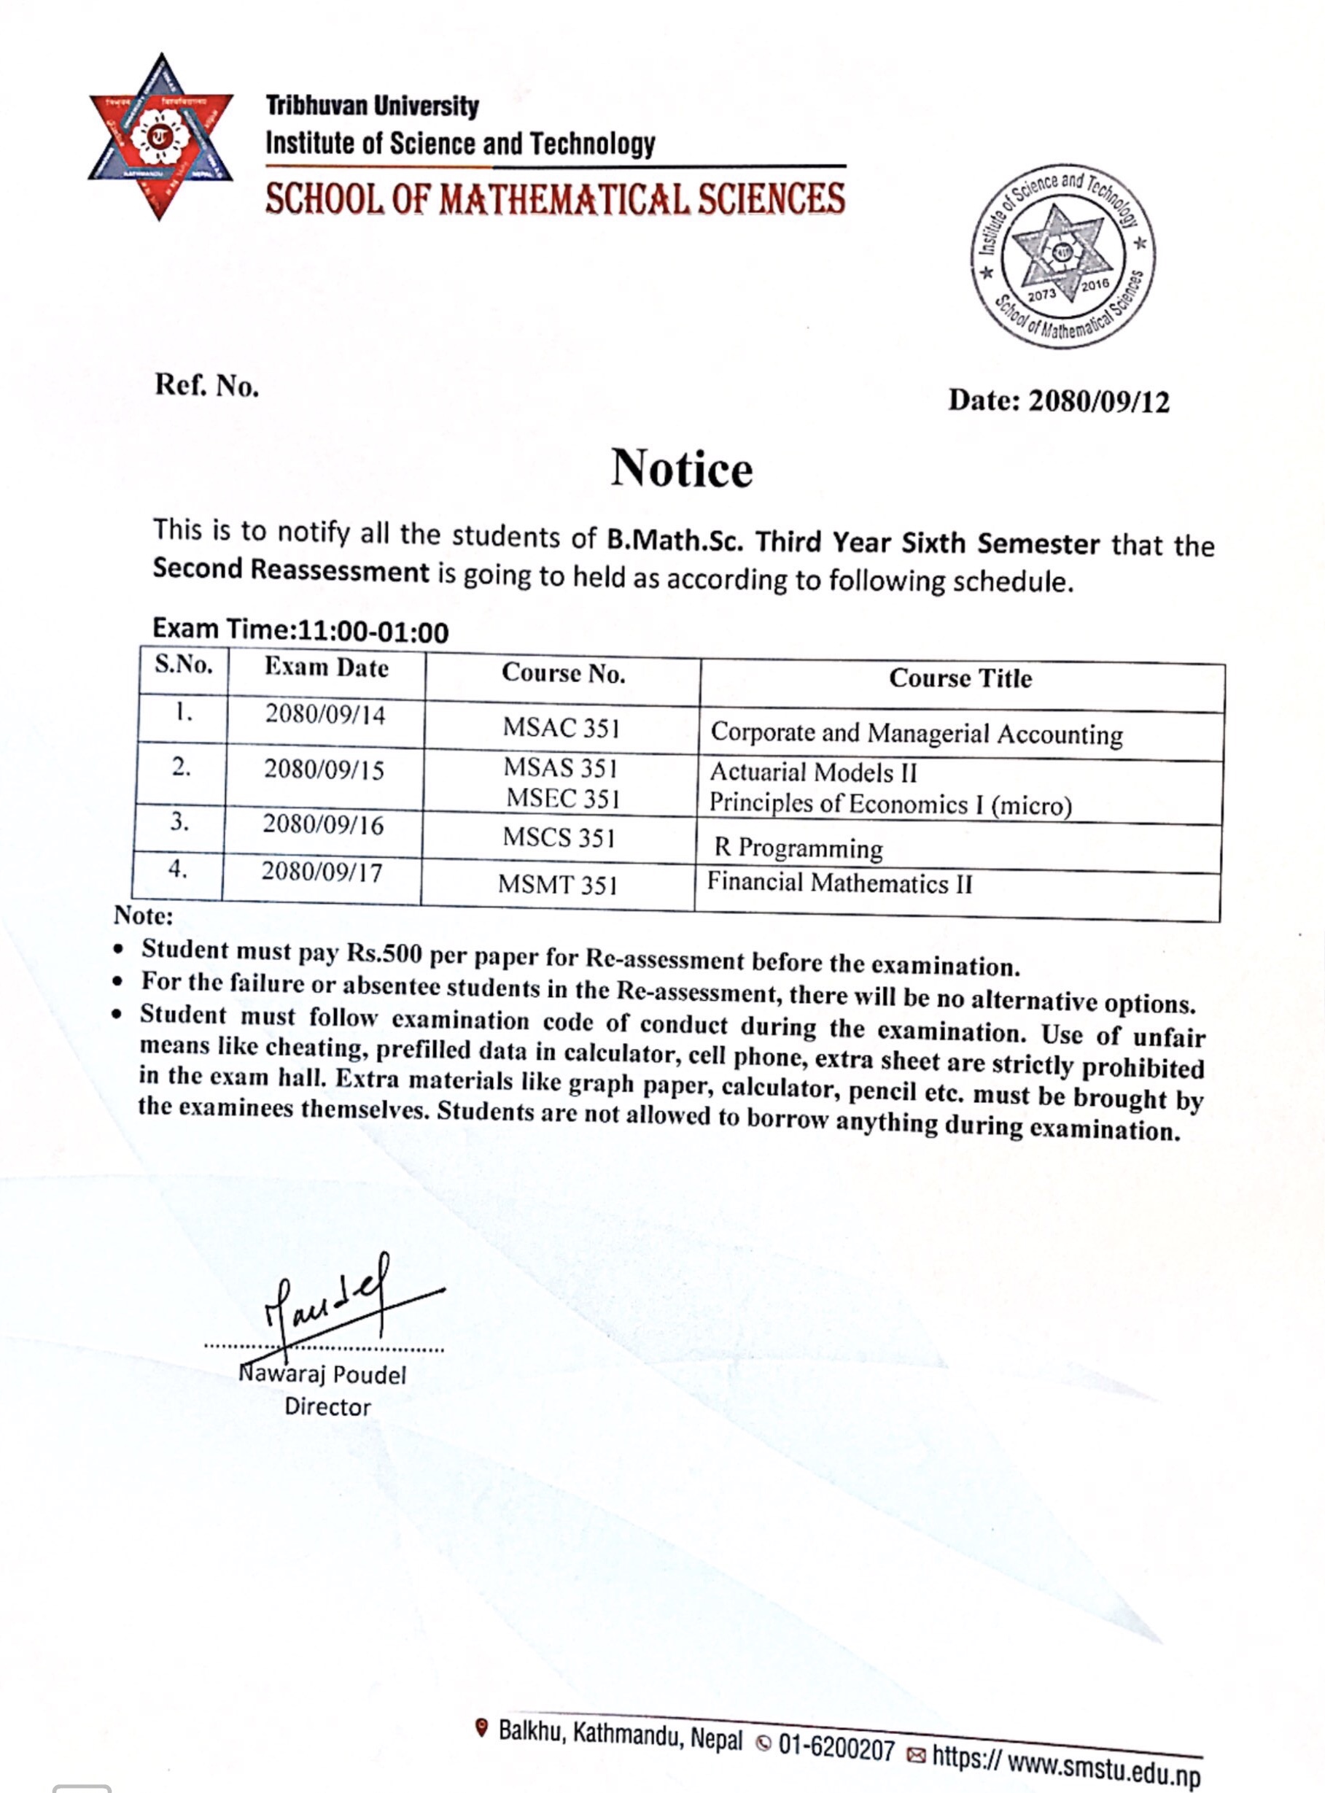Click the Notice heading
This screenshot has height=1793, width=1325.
[x=682, y=468]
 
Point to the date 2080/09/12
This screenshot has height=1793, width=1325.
[x=1099, y=401]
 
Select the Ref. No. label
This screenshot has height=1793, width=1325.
[x=207, y=386]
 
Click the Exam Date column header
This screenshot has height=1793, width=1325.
[x=327, y=668]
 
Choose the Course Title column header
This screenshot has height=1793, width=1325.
[x=960, y=678]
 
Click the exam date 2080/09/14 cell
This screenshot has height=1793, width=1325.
[x=325, y=715]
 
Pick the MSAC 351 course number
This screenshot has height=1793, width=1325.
[x=562, y=727]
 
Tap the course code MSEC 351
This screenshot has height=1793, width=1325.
[x=563, y=799]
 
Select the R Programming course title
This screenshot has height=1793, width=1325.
[x=798, y=849]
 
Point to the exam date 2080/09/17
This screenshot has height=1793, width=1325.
[x=322, y=872]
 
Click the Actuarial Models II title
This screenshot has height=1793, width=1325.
[x=813, y=772]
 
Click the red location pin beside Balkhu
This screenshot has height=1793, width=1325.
[x=481, y=1728]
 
